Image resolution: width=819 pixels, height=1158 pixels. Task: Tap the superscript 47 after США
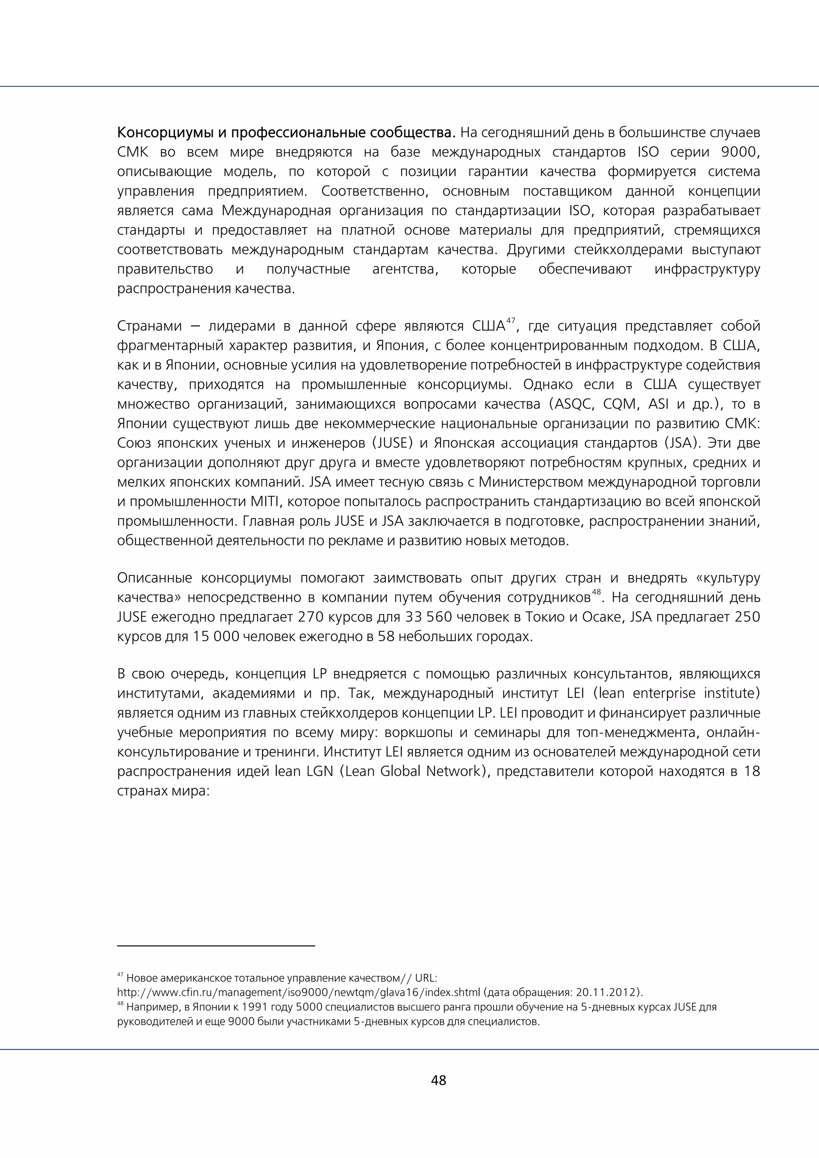(x=510, y=321)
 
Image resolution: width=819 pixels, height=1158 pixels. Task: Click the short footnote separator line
(x=216, y=946)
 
